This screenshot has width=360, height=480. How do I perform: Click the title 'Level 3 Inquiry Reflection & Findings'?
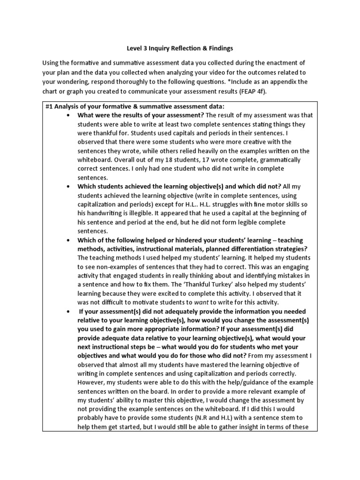[x=180, y=48]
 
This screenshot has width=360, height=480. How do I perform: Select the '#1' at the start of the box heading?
[x=49, y=106]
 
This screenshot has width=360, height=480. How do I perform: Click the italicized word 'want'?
[x=201, y=302]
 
